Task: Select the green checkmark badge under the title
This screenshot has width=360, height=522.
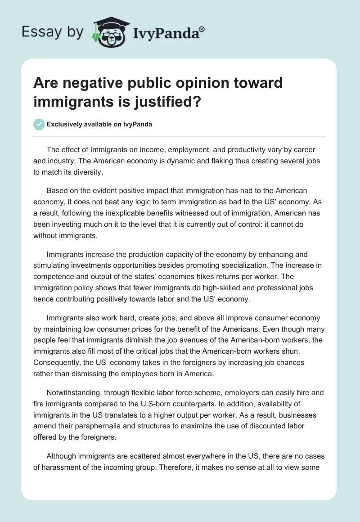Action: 39,124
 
